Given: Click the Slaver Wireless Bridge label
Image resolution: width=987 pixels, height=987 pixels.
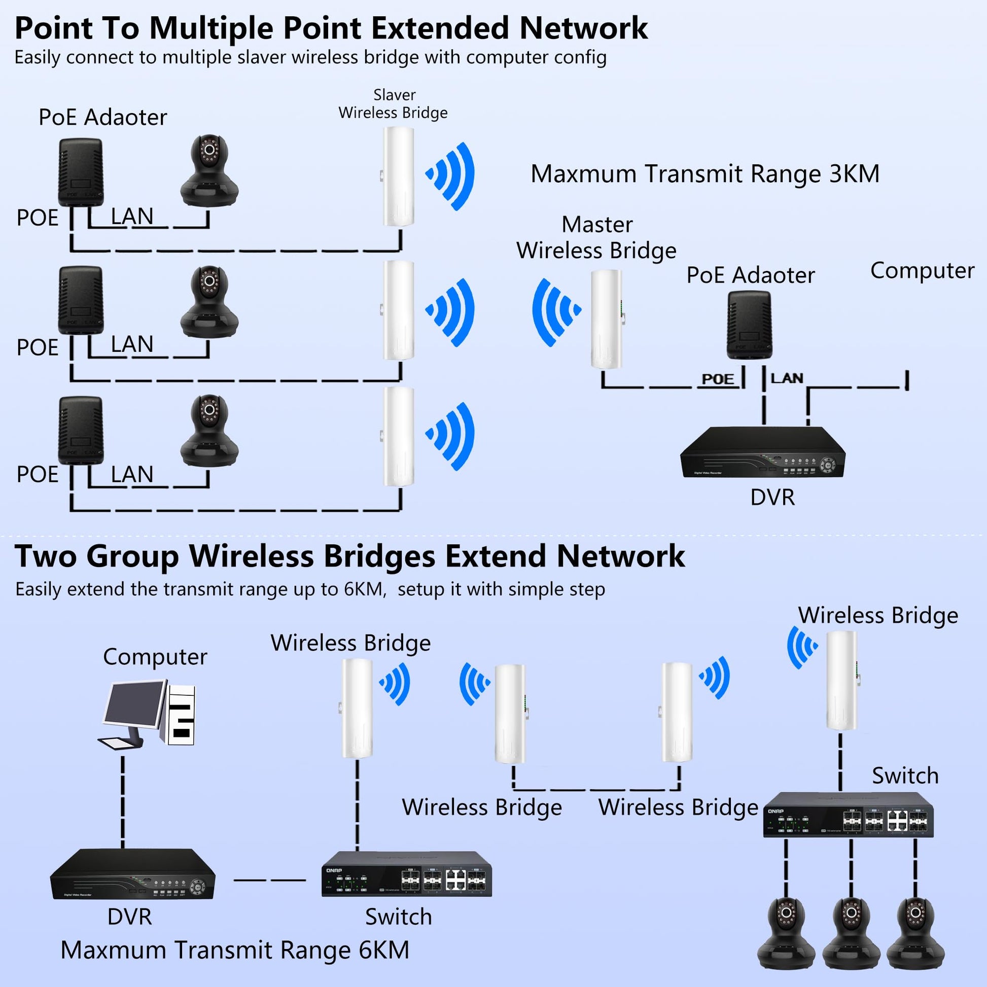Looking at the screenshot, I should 393,103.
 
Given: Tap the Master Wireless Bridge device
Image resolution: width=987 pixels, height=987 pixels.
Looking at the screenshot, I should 607,319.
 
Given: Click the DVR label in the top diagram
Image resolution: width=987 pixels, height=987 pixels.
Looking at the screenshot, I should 772,498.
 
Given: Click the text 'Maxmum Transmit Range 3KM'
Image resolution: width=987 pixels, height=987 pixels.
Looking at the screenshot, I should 705,173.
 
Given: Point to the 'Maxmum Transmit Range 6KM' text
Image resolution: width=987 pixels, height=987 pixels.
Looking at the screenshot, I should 235,950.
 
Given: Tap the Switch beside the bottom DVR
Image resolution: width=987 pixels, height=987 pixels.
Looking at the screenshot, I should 406,873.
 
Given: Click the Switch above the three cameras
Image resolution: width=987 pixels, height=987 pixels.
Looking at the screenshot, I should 848,815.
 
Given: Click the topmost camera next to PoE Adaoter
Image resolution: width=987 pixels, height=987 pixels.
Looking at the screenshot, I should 209,171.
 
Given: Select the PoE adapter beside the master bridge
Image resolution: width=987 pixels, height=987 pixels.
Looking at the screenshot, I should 749,325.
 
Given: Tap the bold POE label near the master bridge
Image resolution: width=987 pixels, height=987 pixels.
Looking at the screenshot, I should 718,379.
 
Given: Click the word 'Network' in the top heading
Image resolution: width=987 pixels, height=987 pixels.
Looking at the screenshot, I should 583,28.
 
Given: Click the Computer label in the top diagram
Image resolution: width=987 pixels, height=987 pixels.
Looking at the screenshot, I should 922,271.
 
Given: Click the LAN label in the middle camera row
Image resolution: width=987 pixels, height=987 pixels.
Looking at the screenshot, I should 132,344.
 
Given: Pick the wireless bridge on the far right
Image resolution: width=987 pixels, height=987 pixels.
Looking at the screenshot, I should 841,681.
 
